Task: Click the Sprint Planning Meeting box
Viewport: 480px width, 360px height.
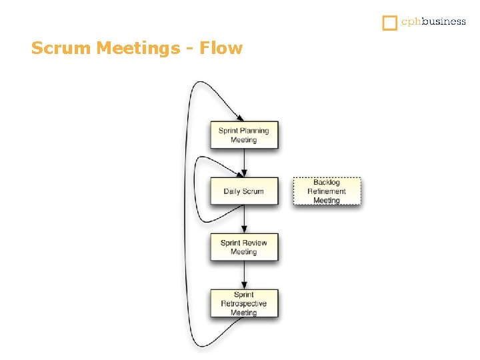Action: [x=244, y=135]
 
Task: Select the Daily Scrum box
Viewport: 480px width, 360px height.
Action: [x=244, y=191]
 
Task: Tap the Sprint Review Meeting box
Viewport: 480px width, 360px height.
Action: [x=244, y=247]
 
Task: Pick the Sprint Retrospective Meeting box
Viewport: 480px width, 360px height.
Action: [x=244, y=303]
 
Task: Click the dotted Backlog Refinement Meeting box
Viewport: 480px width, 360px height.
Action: [x=327, y=191]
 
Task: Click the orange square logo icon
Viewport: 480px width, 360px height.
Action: [x=389, y=23]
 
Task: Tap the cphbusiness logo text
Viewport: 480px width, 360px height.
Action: [x=433, y=22]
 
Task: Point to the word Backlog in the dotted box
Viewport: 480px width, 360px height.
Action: [x=327, y=183]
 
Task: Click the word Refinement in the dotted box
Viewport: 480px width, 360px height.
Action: [x=327, y=191]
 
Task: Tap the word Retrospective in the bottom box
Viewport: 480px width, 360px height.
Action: [x=244, y=303]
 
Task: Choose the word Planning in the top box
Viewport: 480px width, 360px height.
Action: [x=255, y=131]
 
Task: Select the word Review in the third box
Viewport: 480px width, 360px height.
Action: [x=255, y=243]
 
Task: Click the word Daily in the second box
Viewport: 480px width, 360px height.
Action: [x=233, y=191]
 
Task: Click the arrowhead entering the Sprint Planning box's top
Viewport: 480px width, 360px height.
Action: [x=240, y=118]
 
